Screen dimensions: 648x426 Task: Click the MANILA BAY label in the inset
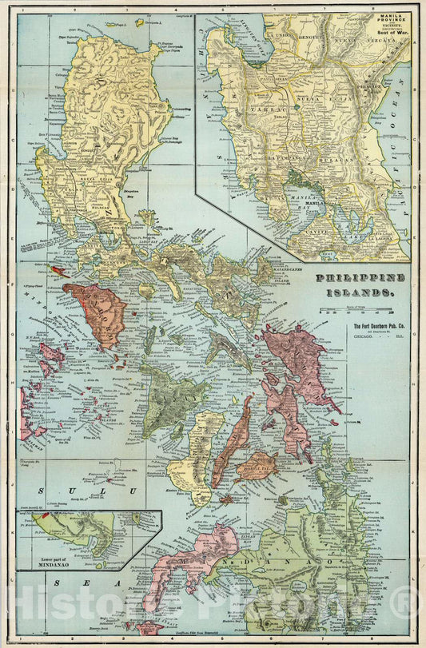pos(306,205)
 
